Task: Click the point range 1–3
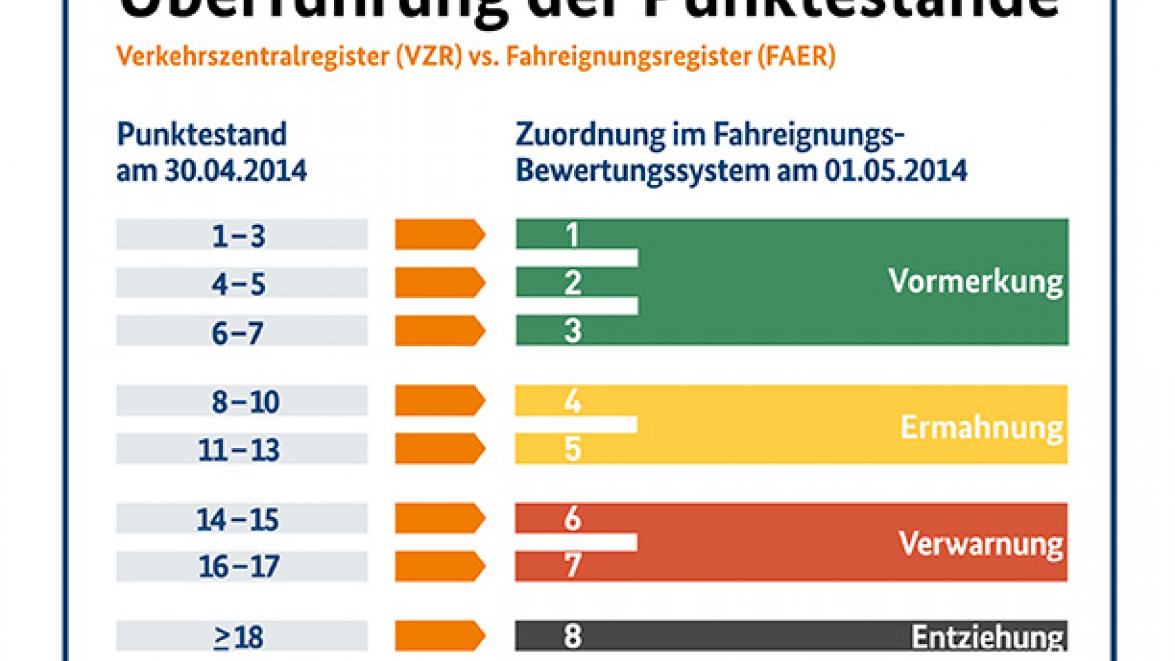239,236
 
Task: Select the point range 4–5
239,284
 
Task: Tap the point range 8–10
245,401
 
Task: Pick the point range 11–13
239,450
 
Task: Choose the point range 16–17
239,567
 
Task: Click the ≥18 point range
239,637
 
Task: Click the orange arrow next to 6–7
439,331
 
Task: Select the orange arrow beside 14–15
439,518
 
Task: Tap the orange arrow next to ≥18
439,636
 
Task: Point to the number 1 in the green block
572,234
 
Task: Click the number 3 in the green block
572,330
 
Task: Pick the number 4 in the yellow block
572,401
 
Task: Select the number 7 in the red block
572,565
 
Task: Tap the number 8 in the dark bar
572,636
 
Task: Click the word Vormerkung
975,282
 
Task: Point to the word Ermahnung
982,427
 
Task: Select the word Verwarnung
980,543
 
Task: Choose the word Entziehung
987,637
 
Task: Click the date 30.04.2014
236,171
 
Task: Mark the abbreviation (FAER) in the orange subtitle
796,56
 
